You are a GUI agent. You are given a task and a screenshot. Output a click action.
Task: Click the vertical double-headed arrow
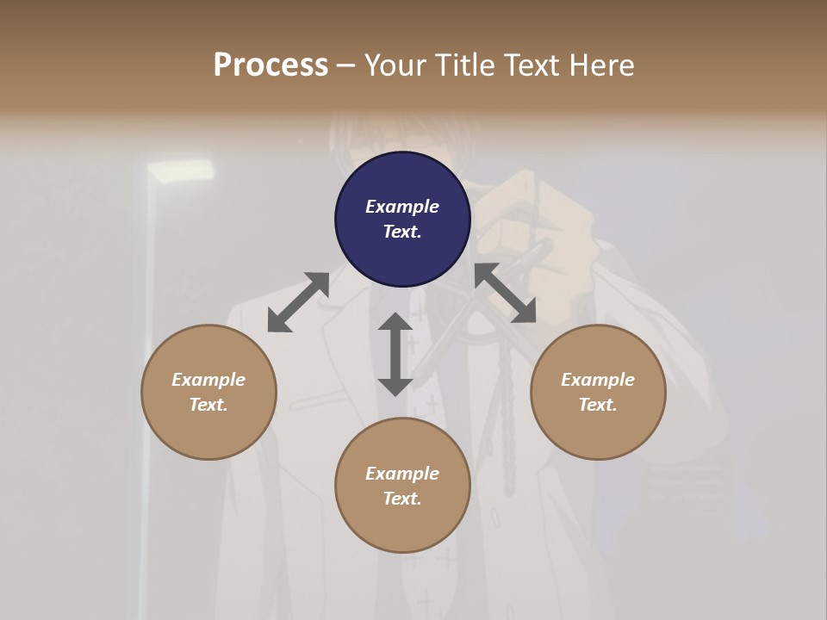tap(395, 354)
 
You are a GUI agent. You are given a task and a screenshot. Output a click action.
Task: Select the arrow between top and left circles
tap(298, 302)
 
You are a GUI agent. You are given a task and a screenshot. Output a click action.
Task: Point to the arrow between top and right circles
tap(505, 293)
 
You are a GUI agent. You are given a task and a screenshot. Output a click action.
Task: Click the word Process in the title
tap(270, 65)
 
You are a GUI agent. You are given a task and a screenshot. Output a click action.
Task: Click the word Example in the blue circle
tap(402, 207)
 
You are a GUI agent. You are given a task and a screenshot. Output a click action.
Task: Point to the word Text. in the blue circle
tap(402, 232)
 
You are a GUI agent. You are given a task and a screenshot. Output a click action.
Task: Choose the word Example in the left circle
tap(208, 380)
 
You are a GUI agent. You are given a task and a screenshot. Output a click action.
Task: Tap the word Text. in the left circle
tap(208, 405)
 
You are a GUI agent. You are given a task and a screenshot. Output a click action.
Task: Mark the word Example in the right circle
tap(598, 380)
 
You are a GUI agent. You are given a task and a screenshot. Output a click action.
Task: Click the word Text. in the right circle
tap(598, 405)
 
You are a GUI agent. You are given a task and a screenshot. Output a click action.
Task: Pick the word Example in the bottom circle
tap(402, 474)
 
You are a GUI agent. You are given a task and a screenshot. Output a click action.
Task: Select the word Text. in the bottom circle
tap(402, 499)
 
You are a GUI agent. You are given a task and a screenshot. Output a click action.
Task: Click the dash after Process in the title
tap(346, 65)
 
